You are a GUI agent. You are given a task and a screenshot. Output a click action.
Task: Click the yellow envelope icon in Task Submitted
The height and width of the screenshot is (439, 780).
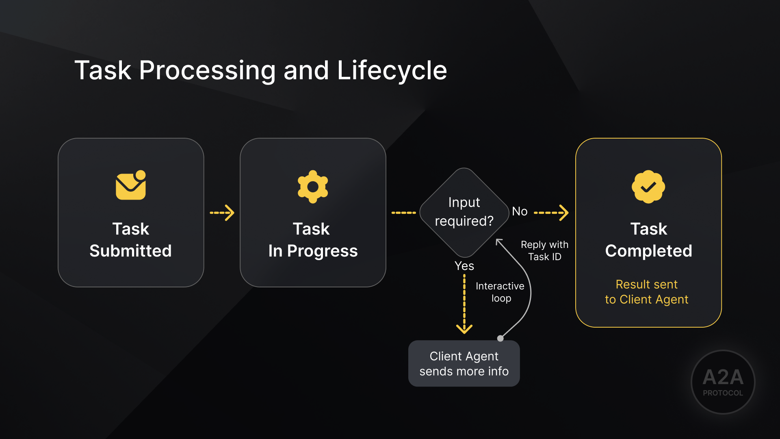click(x=130, y=185)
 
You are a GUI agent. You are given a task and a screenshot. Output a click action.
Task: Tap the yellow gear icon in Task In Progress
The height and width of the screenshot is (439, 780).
click(x=313, y=187)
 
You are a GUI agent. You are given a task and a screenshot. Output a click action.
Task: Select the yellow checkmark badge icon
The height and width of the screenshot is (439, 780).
click(x=648, y=187)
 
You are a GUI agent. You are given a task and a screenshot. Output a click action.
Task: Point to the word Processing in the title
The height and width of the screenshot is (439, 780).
click(x=207, y=70)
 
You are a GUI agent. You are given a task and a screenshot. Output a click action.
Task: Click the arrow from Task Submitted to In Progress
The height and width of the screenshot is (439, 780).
click(x=222, y=213)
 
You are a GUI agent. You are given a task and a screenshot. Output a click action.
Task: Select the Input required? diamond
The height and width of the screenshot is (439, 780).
click(x=464, y=212)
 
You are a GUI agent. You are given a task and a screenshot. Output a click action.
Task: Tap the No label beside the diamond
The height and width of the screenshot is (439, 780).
click(x=520, y=211)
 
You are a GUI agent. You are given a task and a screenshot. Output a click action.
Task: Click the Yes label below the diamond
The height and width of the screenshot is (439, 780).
click(x=464, y=266)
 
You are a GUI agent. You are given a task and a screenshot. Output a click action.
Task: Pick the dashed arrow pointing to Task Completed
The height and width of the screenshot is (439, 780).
click(x=551, y=213)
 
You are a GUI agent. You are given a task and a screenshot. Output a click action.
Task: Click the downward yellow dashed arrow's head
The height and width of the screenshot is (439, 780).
click(x=464, y=328)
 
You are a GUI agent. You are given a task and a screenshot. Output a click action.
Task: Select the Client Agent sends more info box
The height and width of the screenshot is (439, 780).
click(x=464, y=363)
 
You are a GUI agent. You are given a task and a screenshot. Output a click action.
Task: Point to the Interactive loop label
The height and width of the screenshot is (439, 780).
click(x=500, y=292)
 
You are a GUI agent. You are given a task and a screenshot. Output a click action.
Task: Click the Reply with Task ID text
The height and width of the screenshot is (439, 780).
click(x=544, y=250)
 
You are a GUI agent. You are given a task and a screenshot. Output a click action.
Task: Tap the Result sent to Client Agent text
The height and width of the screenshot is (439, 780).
click(x=646, y=292)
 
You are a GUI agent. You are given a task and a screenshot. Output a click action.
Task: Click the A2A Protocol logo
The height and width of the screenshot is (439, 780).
click(x=723, y=382)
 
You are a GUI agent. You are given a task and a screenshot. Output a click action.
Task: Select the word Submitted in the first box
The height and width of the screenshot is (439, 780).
click(x=130, y=251)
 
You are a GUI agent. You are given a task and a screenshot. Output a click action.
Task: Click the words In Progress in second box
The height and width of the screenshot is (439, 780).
click(x=313, y=251)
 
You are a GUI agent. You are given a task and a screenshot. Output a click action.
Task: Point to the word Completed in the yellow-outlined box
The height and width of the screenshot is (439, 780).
click(x=648, y=251)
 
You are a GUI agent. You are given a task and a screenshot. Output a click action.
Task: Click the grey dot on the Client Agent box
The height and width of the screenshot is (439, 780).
click(x=500, y=338)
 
